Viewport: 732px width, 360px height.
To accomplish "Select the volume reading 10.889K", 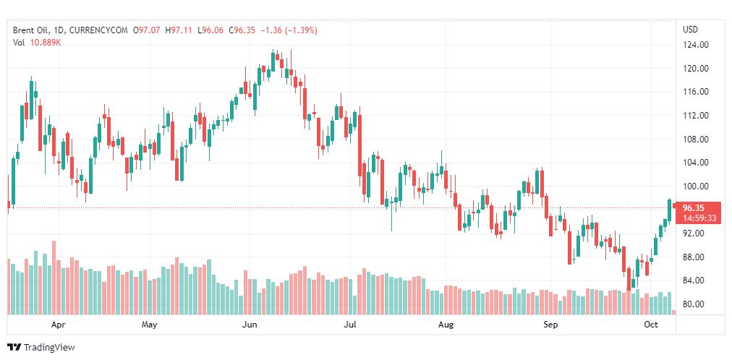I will click(46, 42).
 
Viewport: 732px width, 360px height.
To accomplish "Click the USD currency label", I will click(690, 29).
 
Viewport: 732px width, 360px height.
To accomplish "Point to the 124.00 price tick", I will click(695, 45).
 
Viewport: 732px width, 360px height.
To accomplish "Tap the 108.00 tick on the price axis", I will click(695, 139).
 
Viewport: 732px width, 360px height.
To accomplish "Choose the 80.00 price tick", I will click(695, 304).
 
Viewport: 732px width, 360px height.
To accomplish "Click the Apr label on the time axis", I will click(59, 325).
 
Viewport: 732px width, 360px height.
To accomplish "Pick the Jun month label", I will click(250, 325).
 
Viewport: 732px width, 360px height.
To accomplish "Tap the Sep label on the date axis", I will click(551, 325).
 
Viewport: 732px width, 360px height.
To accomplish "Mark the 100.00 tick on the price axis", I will click(695, 187).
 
